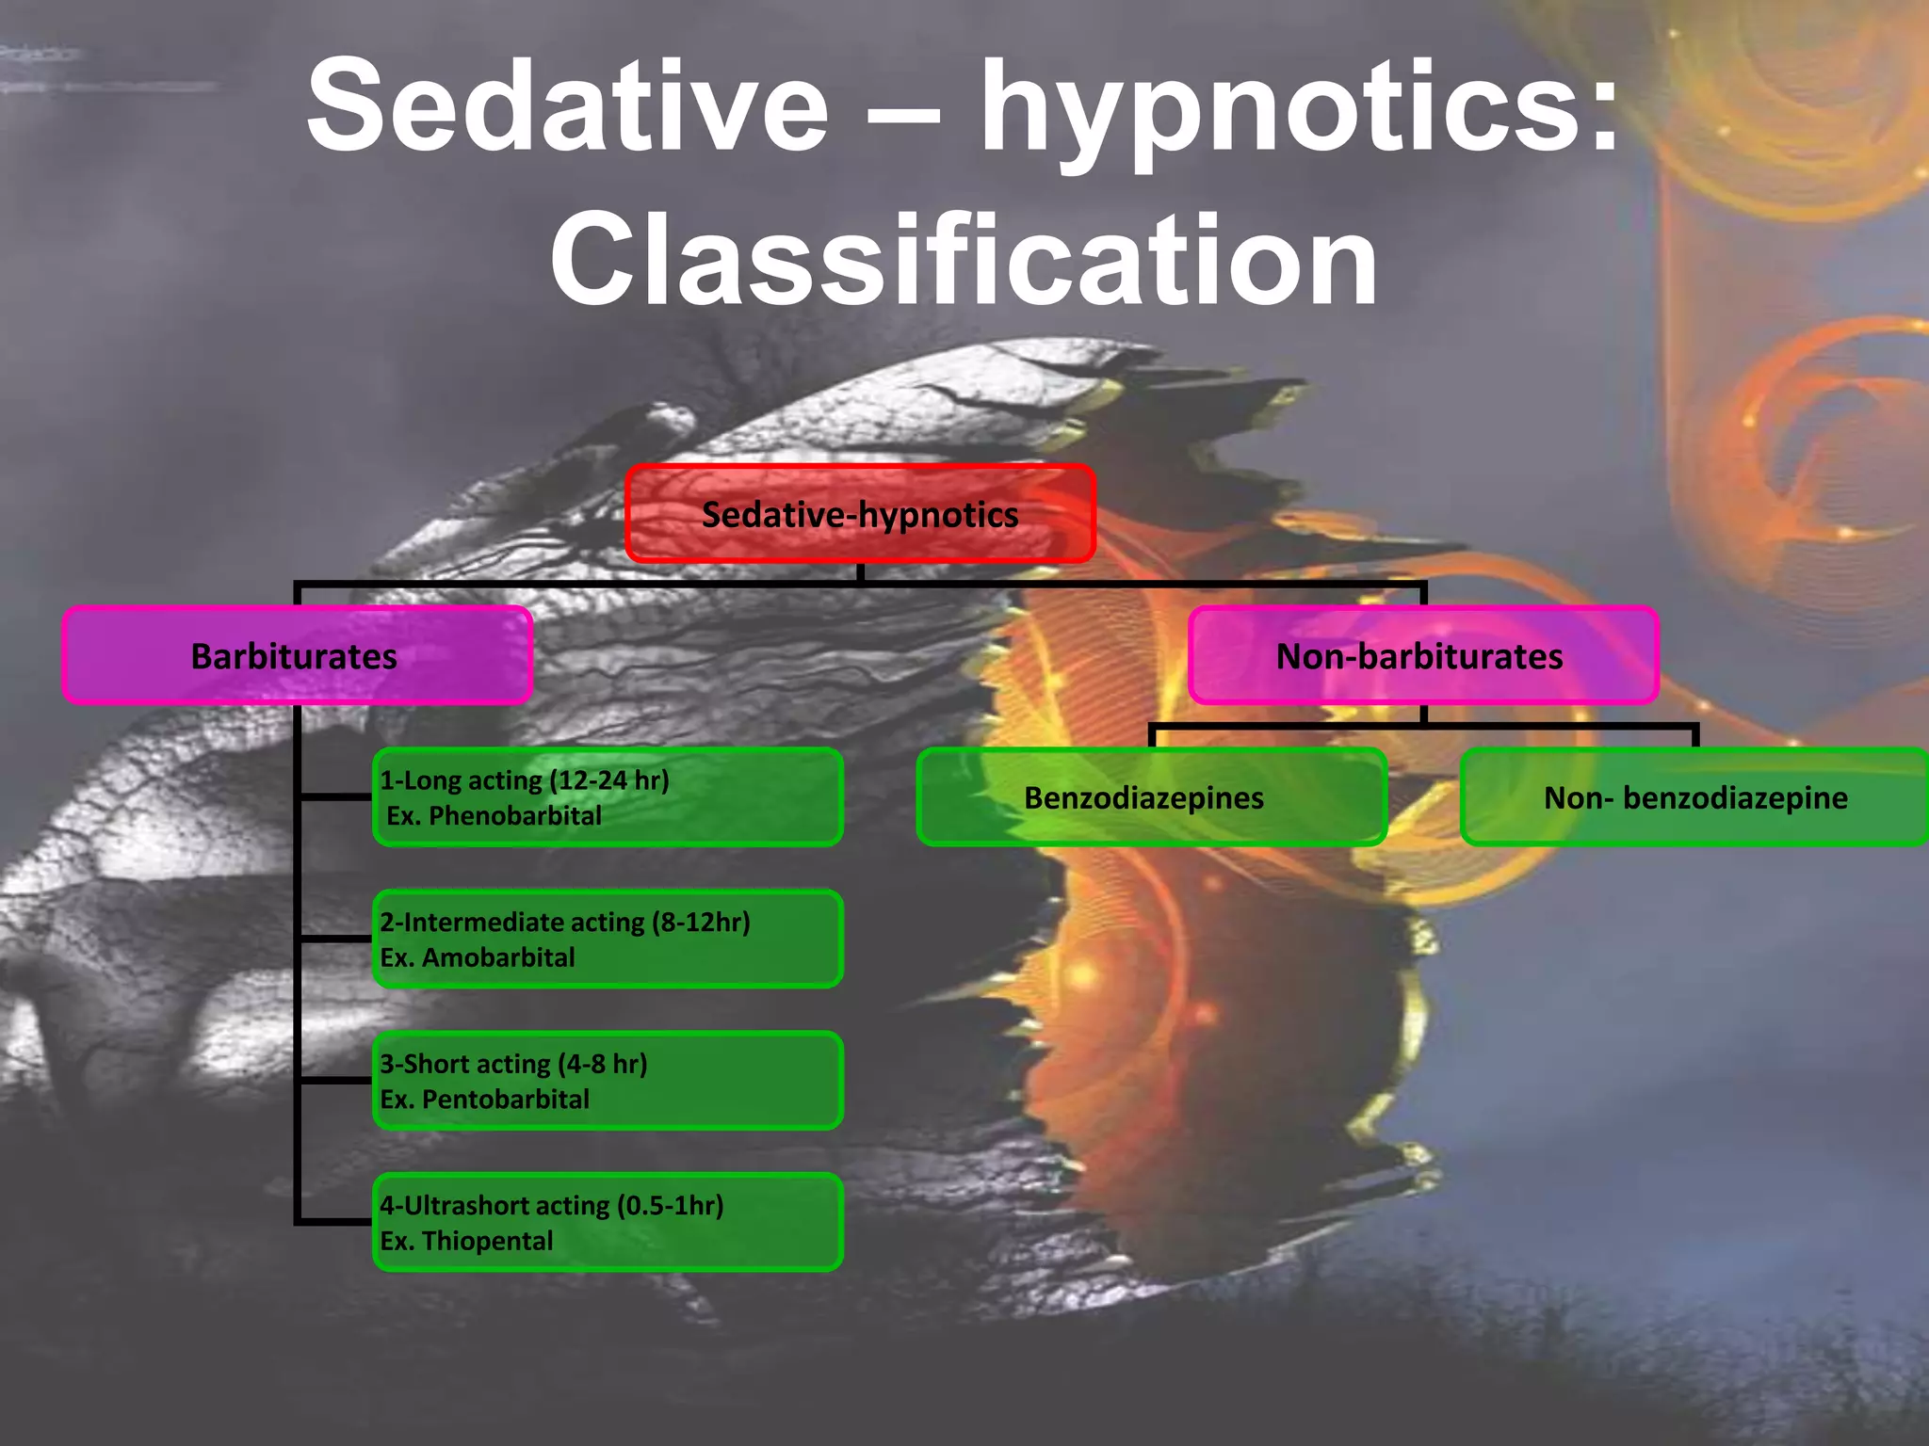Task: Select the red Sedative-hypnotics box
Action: [x=860, y=514]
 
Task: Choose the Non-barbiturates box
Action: [x=1422, y=656]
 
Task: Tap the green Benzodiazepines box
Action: [x=1150, y=797]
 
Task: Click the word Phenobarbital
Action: [x=514, y=816]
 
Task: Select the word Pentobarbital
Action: [x=505, y=1100]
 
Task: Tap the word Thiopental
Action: [x=487, y=1241]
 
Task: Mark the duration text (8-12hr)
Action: [x=701, y=922]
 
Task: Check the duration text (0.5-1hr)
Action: [x=670, y=1205]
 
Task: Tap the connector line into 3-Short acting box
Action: [x=335, y=1080]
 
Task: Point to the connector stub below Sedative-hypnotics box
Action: [x=860, y=572]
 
